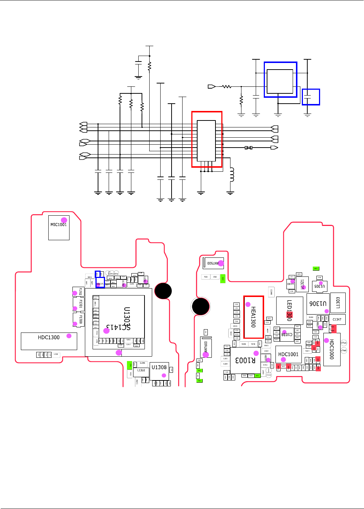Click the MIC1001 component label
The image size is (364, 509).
click(59, 225)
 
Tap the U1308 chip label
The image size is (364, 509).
click(159, 367)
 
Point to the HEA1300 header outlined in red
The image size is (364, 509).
click(253, 317)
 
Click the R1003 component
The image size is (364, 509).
click(245, 360)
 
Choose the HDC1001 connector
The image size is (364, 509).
click(288, 354)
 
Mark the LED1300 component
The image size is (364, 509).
click(289, 311)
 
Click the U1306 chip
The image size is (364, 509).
click(318, 304)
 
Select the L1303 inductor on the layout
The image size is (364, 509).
click(338, 302)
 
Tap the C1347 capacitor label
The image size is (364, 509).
click(337, 319)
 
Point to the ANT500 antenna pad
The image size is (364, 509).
click(213, 263)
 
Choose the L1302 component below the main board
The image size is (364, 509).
click(141, 371)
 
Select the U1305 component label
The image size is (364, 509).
click(319, 286)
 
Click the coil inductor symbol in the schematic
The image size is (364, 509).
click(231, 175)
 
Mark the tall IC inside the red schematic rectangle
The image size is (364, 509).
click(206, 141)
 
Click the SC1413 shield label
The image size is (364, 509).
click(118, 327)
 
